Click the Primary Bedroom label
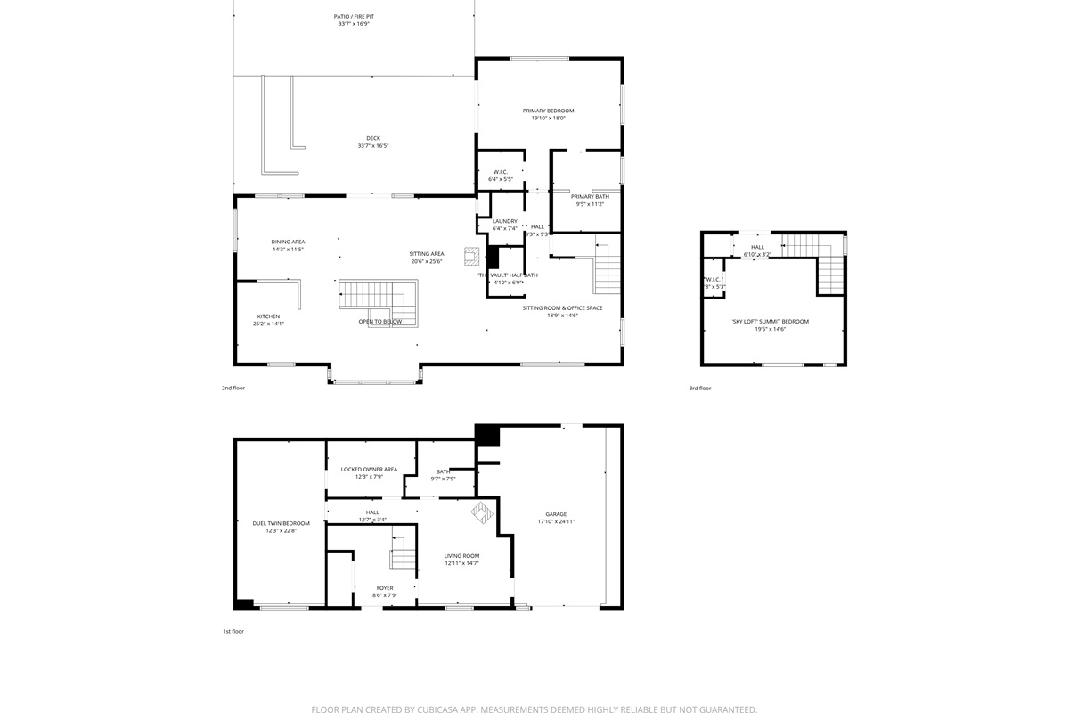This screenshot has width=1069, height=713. [548, 111]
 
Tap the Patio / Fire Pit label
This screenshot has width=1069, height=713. [354, 16]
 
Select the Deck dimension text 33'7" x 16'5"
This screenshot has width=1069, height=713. [373, 146]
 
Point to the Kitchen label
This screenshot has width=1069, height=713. [268, 316]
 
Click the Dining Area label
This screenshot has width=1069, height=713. [288, 242]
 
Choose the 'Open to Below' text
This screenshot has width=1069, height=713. [379, 322]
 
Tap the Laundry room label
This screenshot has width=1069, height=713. [504, 221]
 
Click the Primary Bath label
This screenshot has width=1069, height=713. [590, 196]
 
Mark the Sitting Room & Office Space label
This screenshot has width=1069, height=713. [562, 307]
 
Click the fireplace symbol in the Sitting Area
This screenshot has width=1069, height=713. [471, 257]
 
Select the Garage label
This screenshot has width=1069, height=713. [556, 514]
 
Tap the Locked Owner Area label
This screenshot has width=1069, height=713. [369, 469]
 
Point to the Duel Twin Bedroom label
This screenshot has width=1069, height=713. [281, 523]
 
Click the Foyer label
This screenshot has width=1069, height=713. [384, 588]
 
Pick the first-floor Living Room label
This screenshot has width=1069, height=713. [461, 555]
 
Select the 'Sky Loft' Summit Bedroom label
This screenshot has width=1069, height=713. [771, 321]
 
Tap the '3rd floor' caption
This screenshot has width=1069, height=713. [700, 389]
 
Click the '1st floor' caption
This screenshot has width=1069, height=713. [233, 631]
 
